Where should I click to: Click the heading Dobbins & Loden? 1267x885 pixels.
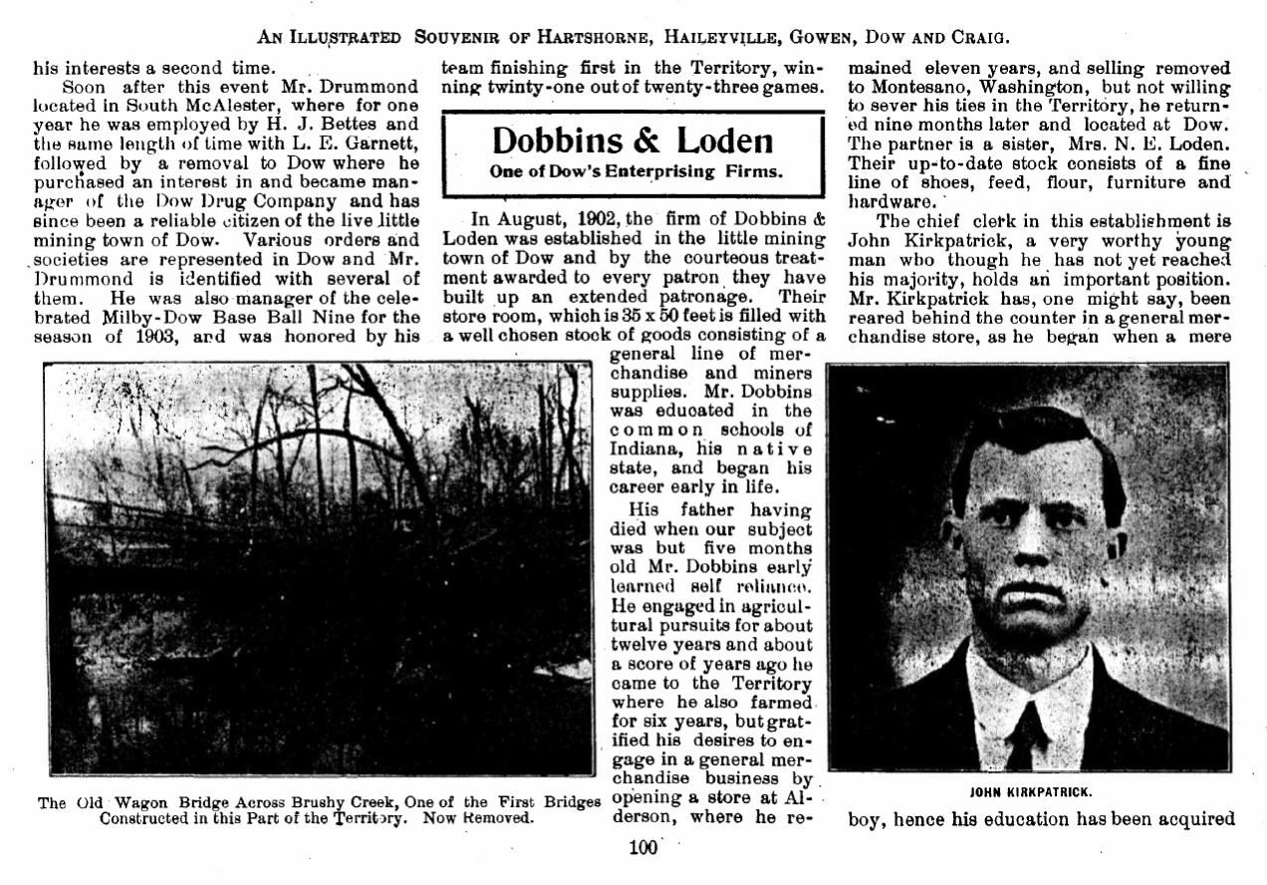point(633,141)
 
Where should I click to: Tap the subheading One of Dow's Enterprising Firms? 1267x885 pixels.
point(635,170)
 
